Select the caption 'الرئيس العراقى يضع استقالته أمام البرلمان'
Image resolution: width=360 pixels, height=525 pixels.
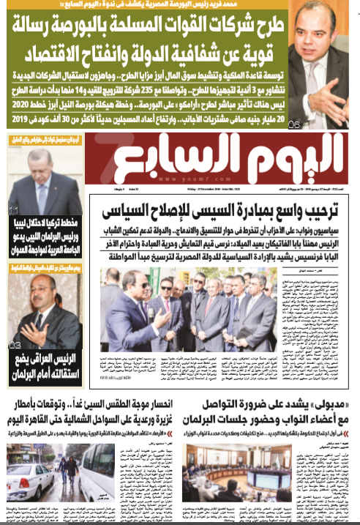[45, 365]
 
